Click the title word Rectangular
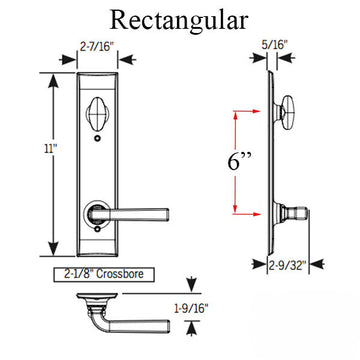point(180,20)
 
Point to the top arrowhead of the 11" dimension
point(52,76)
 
